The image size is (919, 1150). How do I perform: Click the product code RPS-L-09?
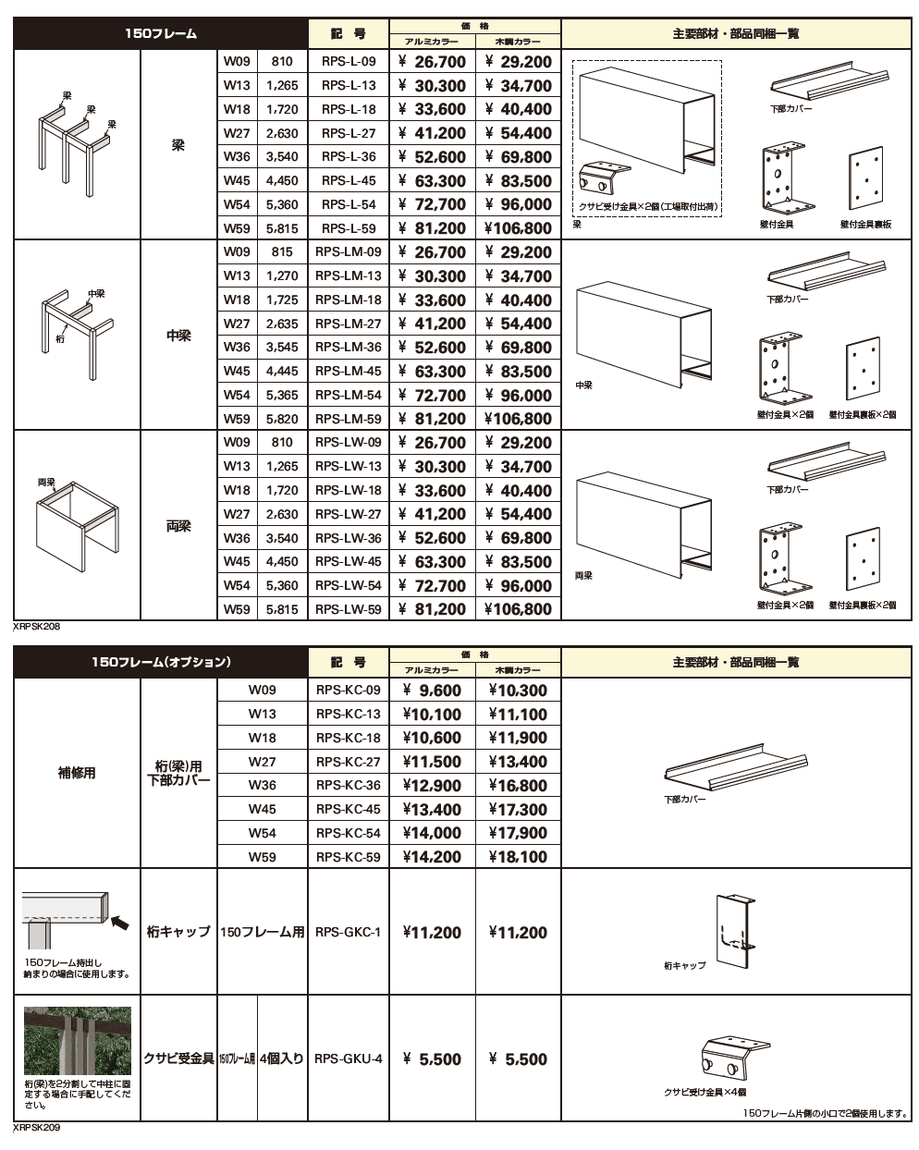349,62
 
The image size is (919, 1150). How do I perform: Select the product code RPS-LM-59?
349,419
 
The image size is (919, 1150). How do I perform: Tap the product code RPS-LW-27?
349,514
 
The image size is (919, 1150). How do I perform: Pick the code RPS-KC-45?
349,809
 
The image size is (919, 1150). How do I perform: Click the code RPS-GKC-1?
349,932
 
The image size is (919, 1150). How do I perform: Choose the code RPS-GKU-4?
349,1059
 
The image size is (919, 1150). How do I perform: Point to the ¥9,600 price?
432,691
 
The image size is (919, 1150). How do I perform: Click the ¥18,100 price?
518,857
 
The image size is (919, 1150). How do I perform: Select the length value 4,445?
282,372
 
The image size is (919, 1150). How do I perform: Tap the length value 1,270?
282,275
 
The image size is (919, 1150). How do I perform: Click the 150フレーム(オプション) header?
161,662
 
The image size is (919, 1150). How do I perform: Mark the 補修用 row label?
77,773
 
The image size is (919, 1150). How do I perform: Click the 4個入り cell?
282,1059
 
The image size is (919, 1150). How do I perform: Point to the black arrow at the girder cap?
120,921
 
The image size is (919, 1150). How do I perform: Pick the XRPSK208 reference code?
37,626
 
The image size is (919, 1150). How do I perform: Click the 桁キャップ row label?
178,932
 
